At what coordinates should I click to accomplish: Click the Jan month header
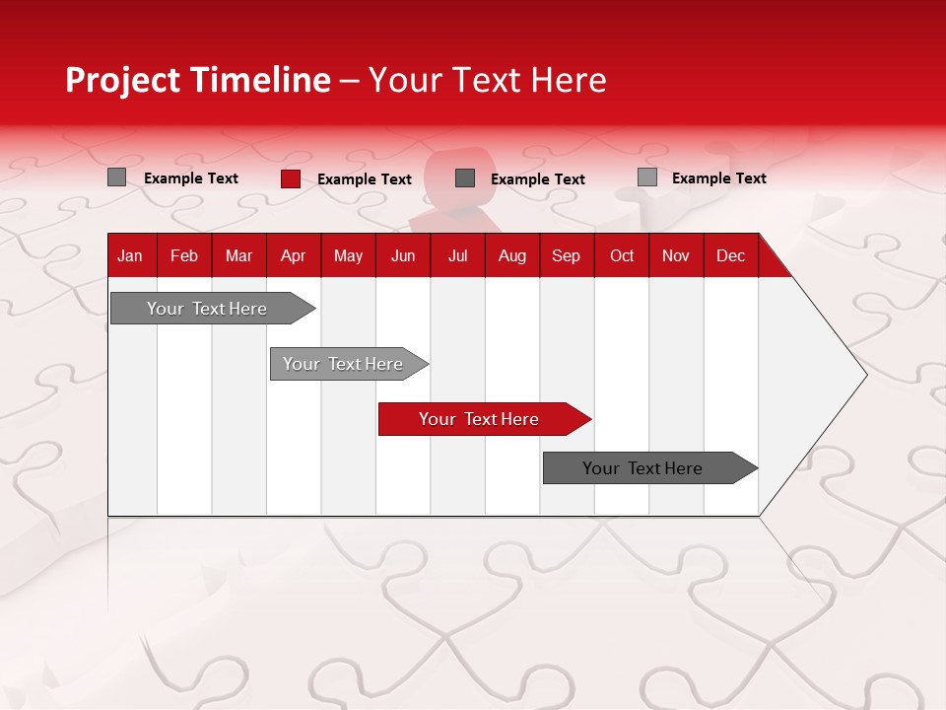point(130,255)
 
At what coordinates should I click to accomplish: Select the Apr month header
point(293,255)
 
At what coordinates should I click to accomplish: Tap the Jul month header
point(457,255)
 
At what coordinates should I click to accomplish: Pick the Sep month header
point(566,255)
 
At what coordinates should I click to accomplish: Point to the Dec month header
point(730,255)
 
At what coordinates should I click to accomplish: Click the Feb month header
point(184,255)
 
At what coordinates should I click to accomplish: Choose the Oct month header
point(622,255)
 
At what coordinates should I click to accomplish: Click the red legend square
point(291,178)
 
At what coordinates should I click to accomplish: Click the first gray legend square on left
point(117,177)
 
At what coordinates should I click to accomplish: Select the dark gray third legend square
point(465,177)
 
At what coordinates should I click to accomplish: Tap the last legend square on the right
point(647,177)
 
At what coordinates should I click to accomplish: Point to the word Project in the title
point(123,80)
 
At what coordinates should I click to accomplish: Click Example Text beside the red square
point(365,179)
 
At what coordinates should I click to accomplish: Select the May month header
point(348,255)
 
